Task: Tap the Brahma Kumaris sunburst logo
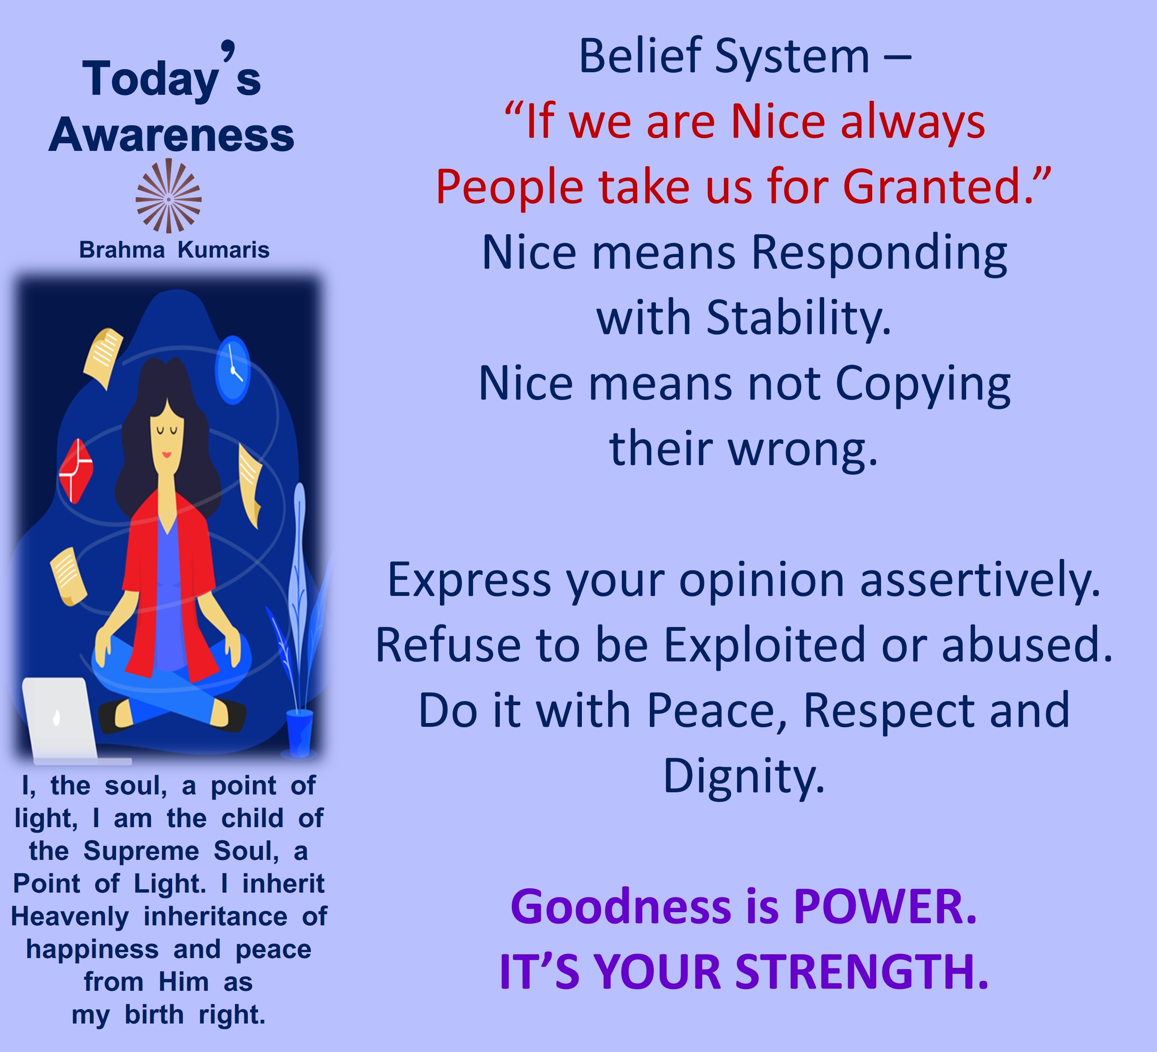168,196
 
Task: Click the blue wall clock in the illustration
233,370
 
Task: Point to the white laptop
63,720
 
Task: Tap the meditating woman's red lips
167,454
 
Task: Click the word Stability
799,318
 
